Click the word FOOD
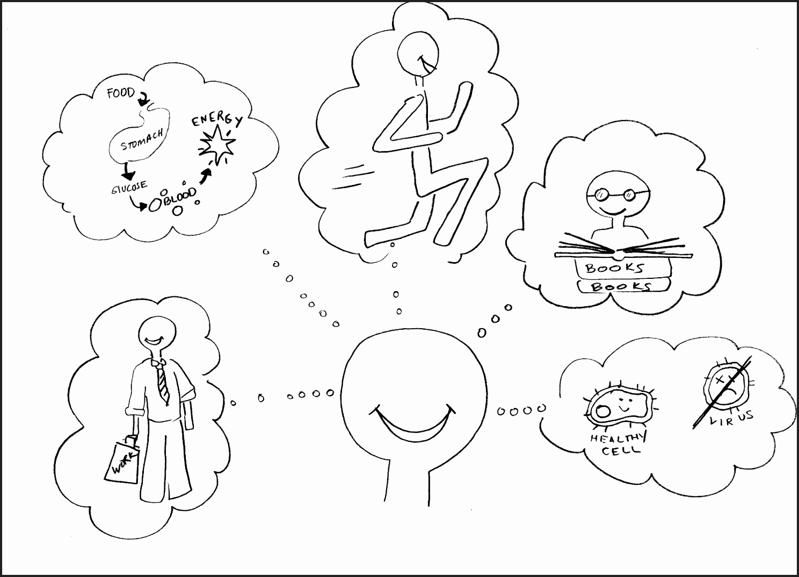coord(121,93)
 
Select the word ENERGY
coord(217,119)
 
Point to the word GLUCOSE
coord(129,187)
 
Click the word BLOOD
coord(180,197)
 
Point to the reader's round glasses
coord(618,194)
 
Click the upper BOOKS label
coord(615,268)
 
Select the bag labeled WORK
coord(122,460)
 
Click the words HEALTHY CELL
coord(618,444)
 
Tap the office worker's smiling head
coord(157,334)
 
